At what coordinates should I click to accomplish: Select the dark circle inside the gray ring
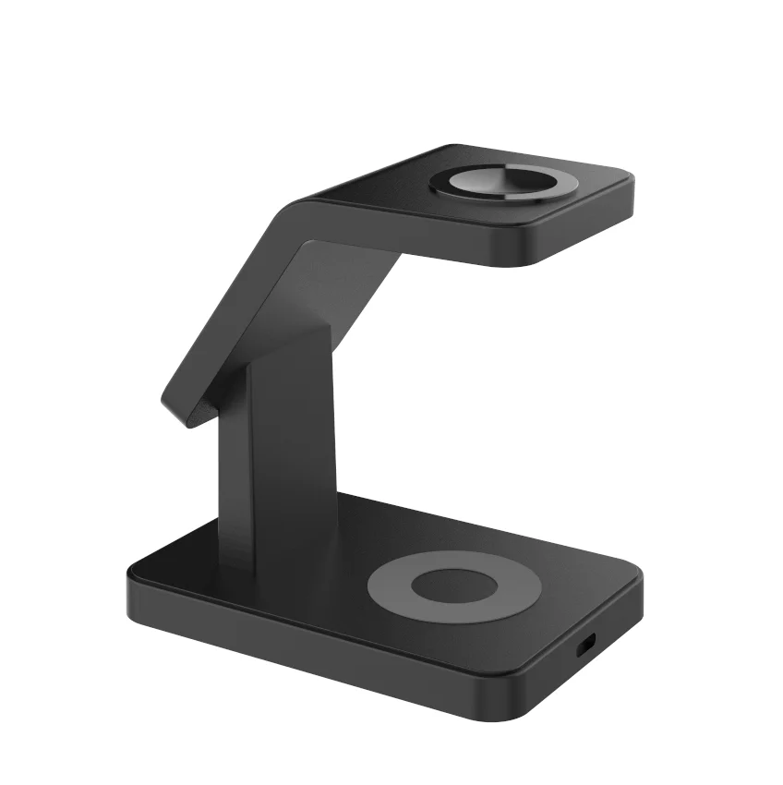453,586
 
